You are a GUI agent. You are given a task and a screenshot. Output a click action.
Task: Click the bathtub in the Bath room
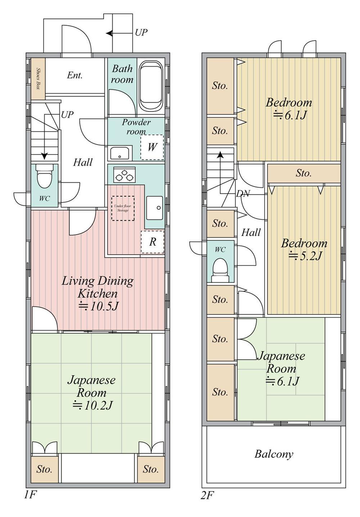(151, 86)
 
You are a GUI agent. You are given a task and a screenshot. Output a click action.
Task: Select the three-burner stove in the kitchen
(124, 175)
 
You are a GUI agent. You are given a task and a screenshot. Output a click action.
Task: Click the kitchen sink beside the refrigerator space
(154, 208)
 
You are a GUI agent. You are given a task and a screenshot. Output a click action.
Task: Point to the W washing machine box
(152, 147)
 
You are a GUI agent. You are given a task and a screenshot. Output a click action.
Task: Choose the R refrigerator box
(152, 242)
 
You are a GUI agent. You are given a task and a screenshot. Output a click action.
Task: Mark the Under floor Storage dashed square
(123, 208)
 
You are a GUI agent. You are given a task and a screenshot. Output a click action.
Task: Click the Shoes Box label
(38, 79)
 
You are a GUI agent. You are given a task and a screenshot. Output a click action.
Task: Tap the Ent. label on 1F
(75, 75)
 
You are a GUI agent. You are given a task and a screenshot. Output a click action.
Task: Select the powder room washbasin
(120, 153)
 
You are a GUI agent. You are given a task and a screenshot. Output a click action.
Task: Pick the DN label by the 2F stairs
(243, 193)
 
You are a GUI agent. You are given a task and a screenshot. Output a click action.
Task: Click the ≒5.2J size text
(305, 256)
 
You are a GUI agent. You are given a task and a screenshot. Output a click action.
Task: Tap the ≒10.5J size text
(99, 306)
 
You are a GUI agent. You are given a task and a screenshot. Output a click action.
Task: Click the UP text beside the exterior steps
(141, 32)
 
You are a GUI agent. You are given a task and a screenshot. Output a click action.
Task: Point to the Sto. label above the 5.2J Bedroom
(303, 173)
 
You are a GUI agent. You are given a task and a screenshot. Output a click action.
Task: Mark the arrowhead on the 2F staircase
(221, 155)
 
